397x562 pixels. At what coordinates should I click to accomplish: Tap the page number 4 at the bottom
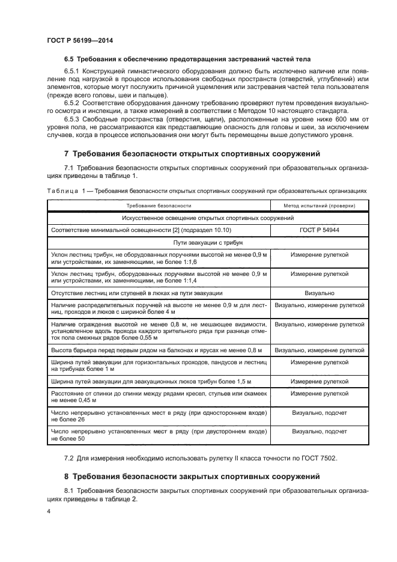click(49, 511)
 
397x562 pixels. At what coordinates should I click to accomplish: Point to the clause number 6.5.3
click(74, 119)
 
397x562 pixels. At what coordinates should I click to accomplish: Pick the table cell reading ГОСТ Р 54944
click(320, 230)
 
